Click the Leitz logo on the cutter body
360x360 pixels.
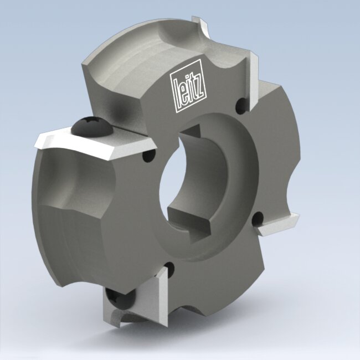tap(188, 86)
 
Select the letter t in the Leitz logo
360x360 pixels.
tap(193, 88)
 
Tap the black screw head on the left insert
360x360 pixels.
tap(92, 127)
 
